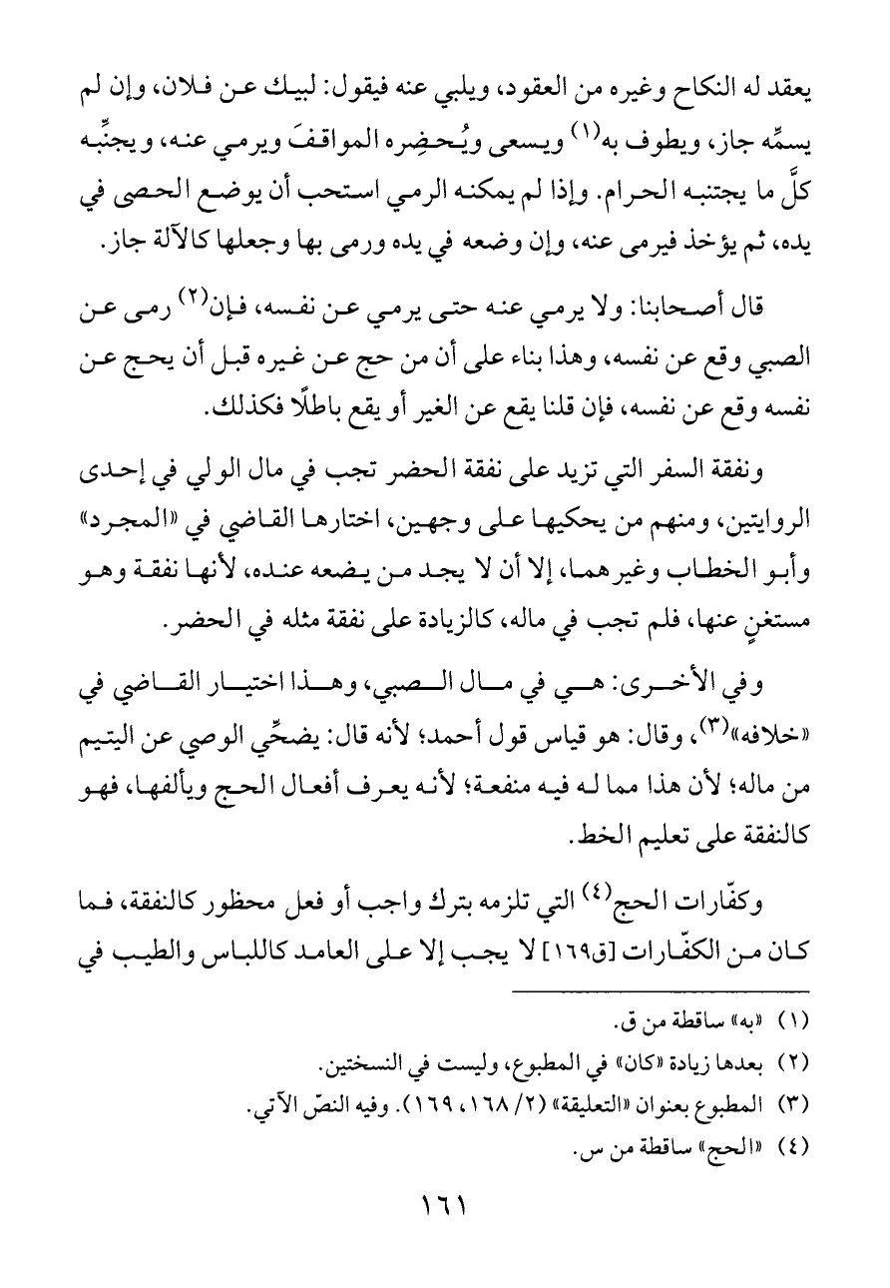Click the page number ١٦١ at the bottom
(446, 1235)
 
